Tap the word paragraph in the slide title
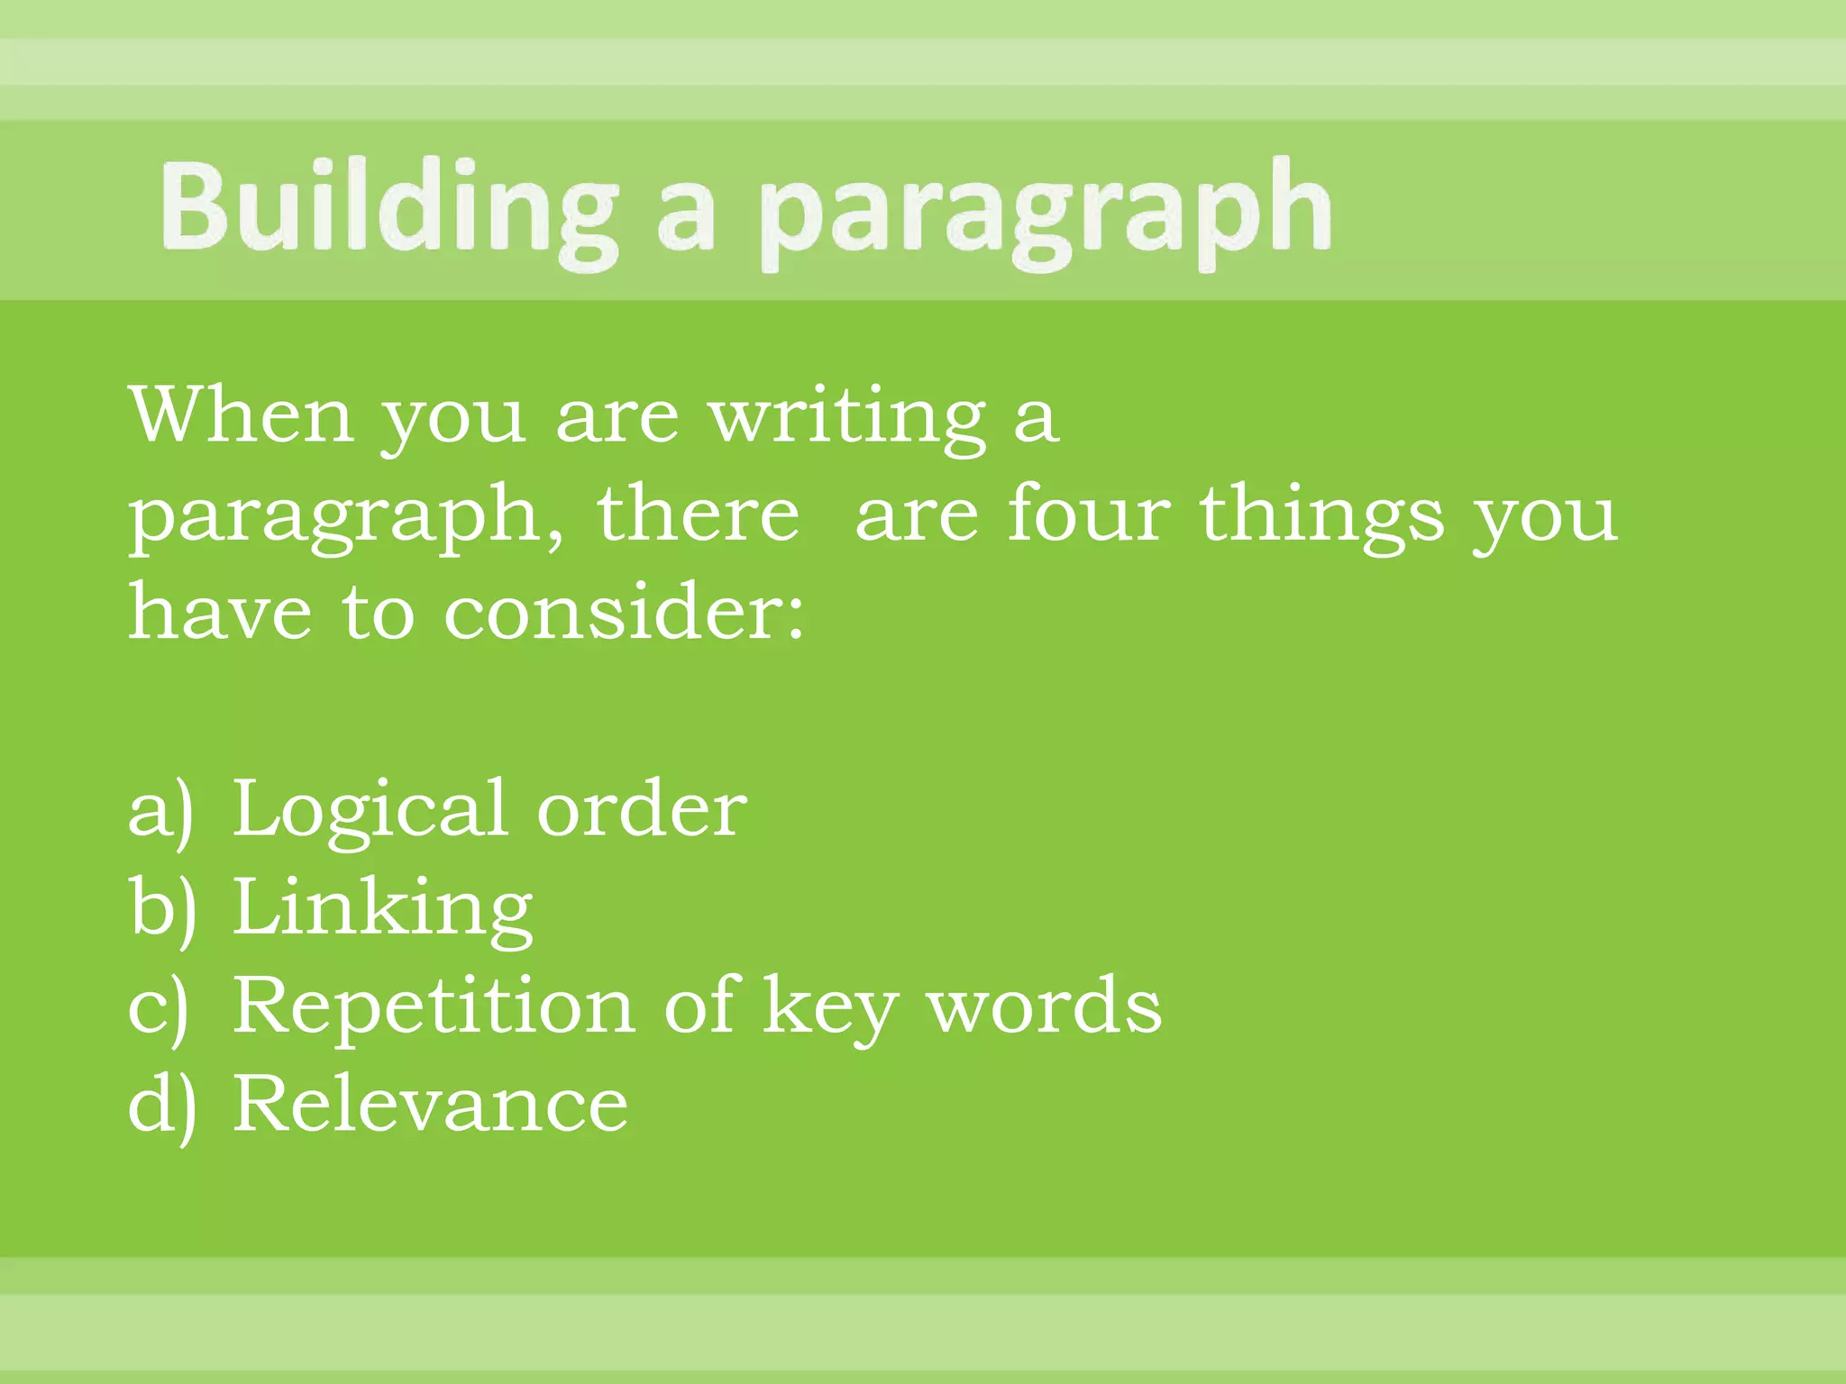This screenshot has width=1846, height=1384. (x=1046, y=213)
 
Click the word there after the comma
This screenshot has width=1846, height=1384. (x=698, y=514)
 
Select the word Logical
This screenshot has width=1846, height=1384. (x=369, y=811)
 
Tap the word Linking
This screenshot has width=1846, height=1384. (x=383, y=910)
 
